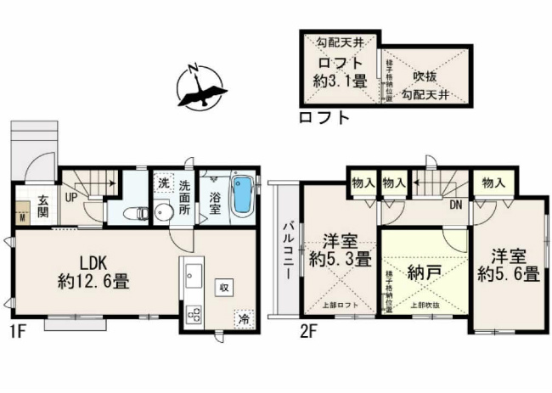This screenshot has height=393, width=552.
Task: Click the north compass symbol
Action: [x=200, y=86]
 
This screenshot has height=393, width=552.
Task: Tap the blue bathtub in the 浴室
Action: [x=242, y=195]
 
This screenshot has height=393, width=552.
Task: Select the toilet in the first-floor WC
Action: [x=133, y=212]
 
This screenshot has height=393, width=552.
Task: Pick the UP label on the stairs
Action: [x=72, y=195]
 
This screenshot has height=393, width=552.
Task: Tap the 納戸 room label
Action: [x=422, y=273]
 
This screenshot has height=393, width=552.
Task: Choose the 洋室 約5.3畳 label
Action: [x=340, y=248]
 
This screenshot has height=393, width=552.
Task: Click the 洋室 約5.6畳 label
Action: [x=508, y=264]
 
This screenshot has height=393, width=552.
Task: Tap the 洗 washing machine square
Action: [x=162, y=183]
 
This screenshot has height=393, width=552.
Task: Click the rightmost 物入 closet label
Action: [x=493, y=182]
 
